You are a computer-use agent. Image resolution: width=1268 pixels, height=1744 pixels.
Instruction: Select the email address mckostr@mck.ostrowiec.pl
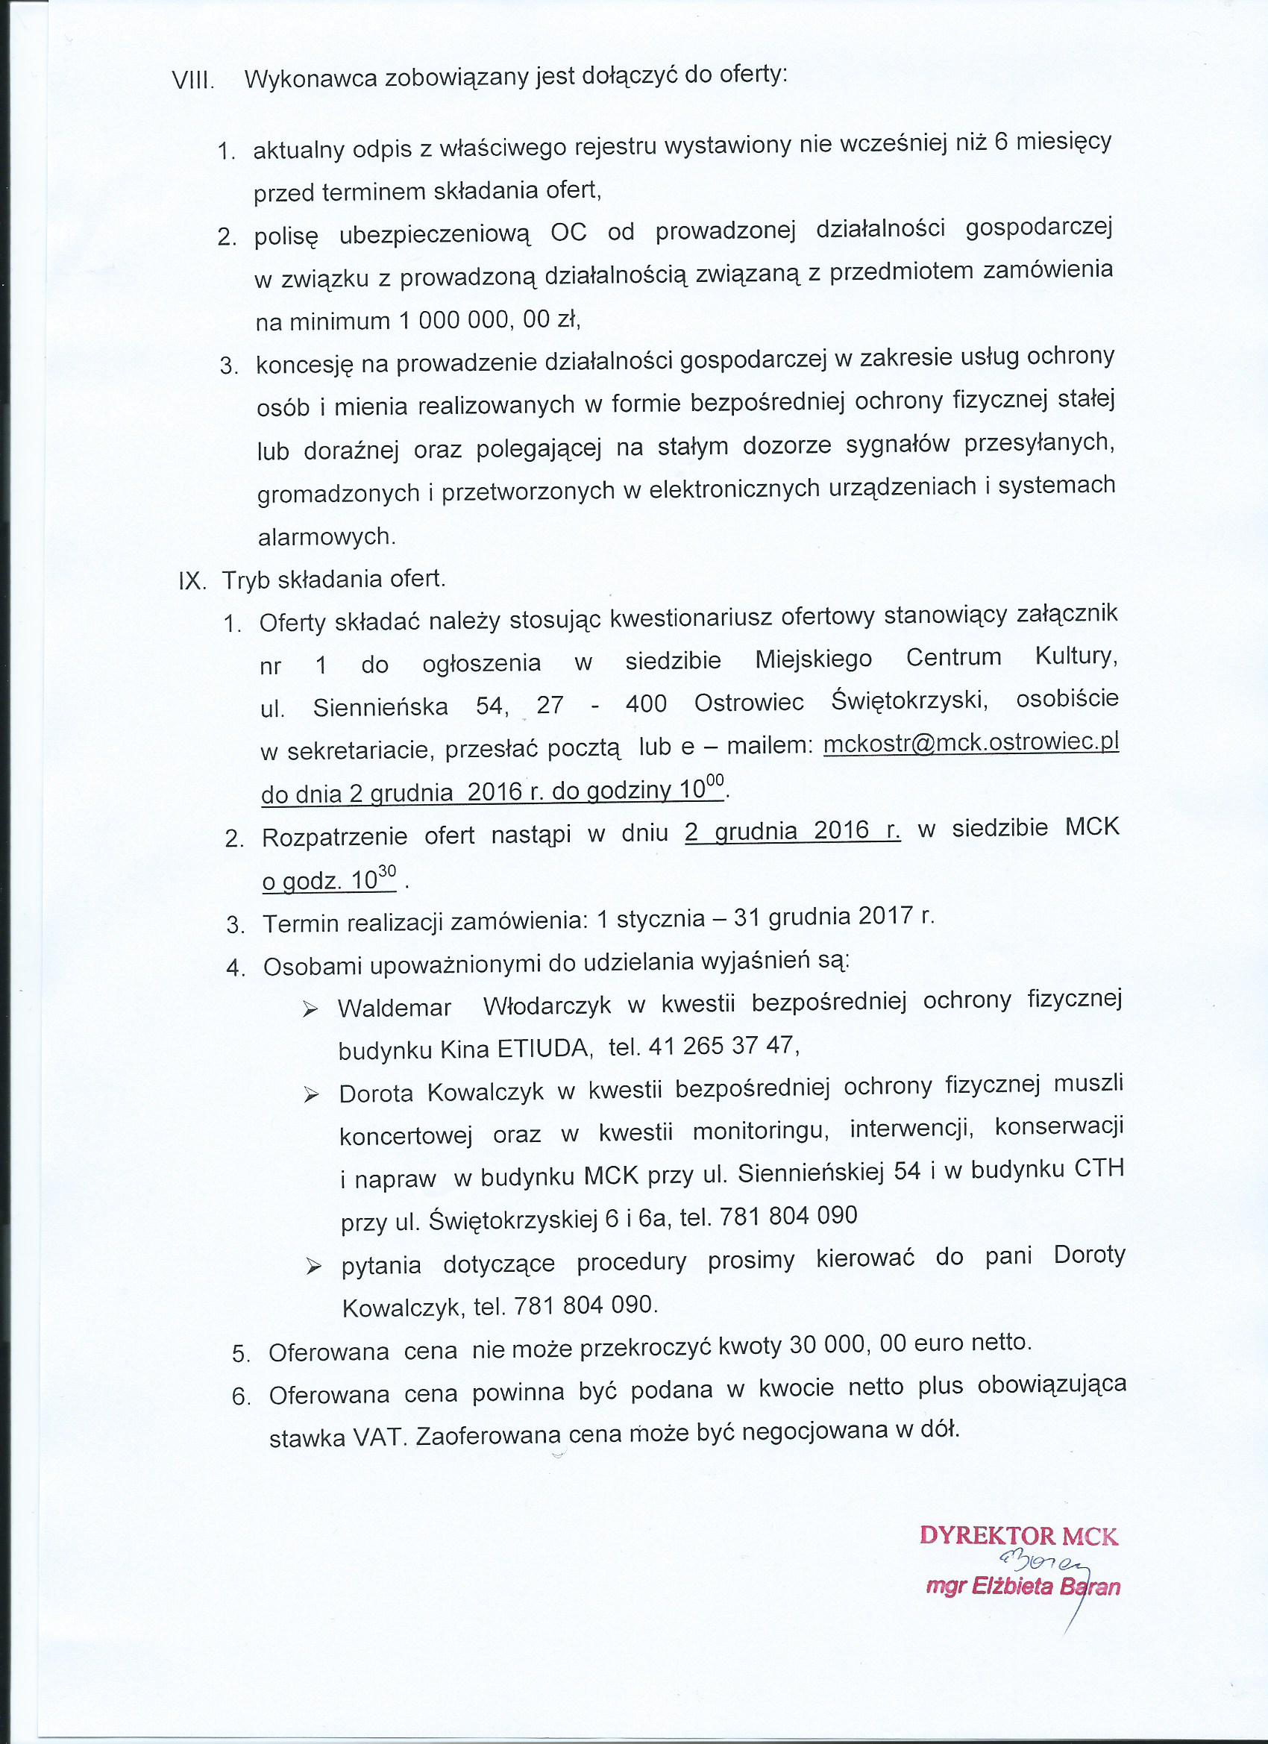point(970,744)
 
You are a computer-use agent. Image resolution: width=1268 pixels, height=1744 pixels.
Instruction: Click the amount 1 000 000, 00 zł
point(488,320)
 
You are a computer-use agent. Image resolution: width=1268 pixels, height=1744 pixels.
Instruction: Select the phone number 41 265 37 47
point(724,1047)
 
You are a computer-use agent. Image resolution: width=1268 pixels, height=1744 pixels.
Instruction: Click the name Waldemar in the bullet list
point(394,1007)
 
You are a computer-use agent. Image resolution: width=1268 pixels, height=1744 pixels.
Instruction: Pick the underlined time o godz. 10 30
point(329,881)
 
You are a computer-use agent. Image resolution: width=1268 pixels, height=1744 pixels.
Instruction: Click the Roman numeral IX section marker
point(192,580)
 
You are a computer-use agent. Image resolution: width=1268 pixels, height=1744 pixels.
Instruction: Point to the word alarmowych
point(327,537)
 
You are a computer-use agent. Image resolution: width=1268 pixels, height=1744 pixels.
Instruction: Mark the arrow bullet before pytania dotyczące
point(312,1267)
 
